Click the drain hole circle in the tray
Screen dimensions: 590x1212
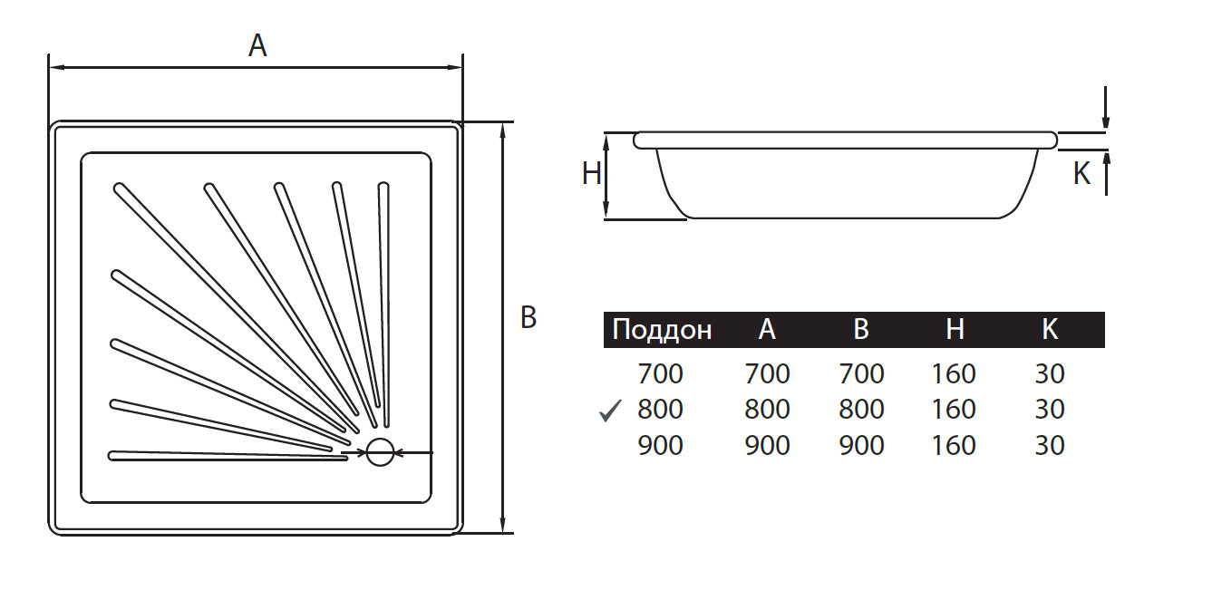[381, 452]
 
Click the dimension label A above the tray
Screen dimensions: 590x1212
[258, 46]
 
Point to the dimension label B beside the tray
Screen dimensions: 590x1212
[528, 317]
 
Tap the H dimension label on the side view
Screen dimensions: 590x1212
[592, 173]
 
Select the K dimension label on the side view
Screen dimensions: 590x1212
[1081, 174]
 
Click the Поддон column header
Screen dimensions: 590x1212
[662, 330]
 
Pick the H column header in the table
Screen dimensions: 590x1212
[955, 330]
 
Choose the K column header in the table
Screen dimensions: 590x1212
[1050, 330]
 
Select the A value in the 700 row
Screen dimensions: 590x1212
[767, 373]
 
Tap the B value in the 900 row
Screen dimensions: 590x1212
[861, 446]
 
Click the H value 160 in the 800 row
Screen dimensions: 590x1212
[954, 410]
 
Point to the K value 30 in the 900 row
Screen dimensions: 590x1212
[1050, 446]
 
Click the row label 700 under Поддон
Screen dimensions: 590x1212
[660, 373]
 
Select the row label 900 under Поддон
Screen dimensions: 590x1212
[660, 446]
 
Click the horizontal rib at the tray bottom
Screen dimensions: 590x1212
[227, 455]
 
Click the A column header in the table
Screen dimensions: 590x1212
[767, 330]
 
